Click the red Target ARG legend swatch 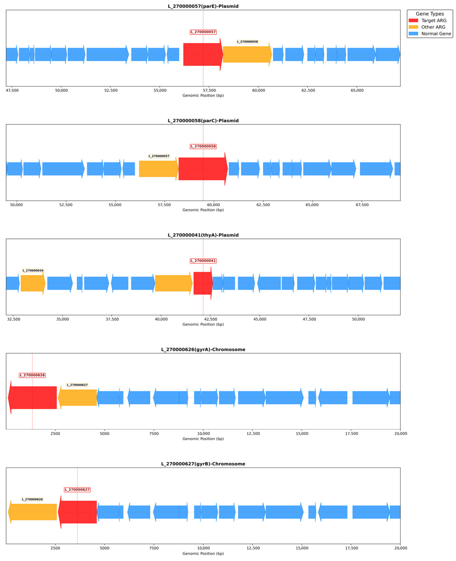413,21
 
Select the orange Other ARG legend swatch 413,27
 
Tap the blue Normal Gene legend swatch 413,34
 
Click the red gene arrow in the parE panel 203,54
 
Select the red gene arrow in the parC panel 203,169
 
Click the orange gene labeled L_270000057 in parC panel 159,169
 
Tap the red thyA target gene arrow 203,283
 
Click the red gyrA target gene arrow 32,398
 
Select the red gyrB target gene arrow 77,512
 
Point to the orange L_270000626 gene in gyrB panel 32,512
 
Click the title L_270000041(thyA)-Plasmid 203,235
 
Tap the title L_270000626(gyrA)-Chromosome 203,350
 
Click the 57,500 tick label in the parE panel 209,90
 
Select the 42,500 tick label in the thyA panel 210,319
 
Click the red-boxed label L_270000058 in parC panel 203,146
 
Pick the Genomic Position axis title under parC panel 203,210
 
